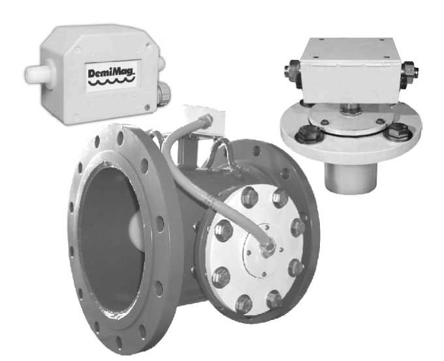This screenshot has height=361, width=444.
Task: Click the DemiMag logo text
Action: [x=111, y=72]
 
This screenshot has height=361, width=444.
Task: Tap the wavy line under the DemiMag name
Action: [x=111, y=81]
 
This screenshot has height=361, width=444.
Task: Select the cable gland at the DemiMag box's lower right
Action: [x=163, y=93]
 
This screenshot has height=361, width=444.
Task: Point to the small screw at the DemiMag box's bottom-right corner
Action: [x=147, y=108]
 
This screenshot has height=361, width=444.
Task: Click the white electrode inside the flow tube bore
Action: [x=136, y=231]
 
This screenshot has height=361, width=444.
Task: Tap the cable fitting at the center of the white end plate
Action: [x=267, y=248]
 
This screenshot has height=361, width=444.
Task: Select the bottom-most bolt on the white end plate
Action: [x=244, y=304]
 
